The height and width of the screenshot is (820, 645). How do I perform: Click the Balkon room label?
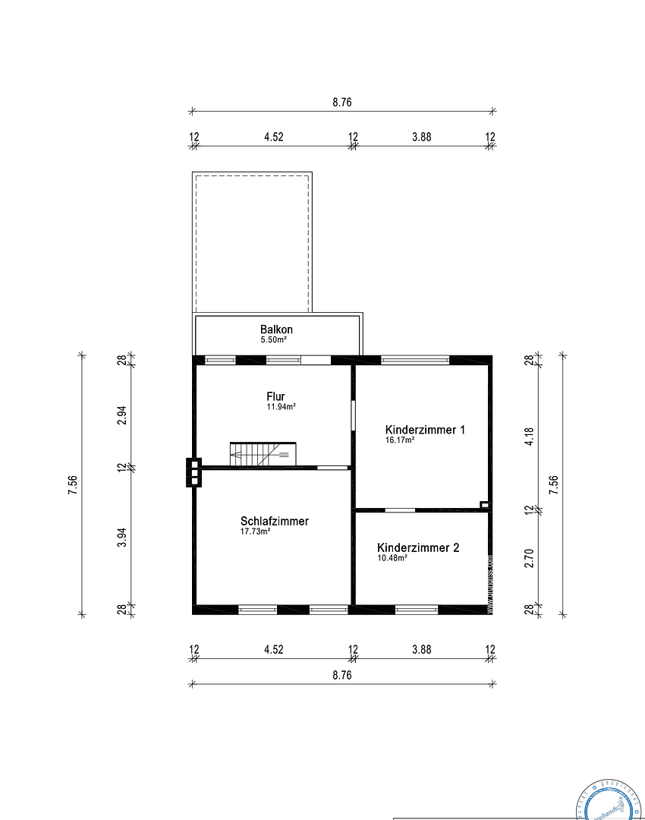click(x=276, y=330)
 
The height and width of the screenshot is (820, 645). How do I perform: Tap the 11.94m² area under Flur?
click(x=281, y=407)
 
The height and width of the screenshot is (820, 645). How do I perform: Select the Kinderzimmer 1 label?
click(x=425, y=430)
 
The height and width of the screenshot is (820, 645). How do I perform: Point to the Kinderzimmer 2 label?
click(x=417, y=547)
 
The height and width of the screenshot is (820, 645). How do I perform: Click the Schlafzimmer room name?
click(x=274, y=522)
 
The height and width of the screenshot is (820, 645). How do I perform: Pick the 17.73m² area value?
click(x=256, y=532)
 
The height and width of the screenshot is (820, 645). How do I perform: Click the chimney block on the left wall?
click(x=194, y=471)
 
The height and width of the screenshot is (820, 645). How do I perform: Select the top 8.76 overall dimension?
click(x=342, y=102)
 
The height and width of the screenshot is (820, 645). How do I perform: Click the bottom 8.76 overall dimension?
click(x=342, y=674)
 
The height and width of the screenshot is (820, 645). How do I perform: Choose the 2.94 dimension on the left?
click(x=121, y=415)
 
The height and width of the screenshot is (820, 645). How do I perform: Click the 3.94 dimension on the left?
click(x=121, y=537)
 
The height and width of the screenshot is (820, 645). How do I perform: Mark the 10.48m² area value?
click(x=392, y=558)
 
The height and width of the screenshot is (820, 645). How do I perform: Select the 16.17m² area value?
click(x=400, y=440)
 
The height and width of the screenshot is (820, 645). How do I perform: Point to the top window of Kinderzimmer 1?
click(x=414, y=360)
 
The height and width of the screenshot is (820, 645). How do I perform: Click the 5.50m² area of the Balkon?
click(x=273, y=339)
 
